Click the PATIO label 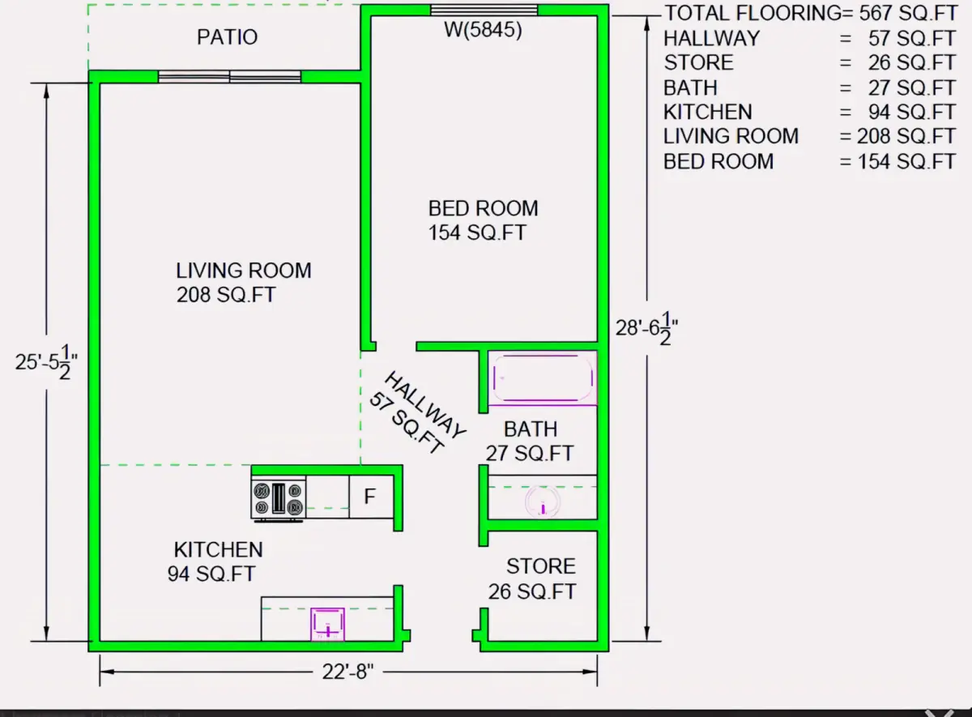coord(228,37)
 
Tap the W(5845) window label coord(483,30)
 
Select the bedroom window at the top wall coord(484,10)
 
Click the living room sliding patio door coord(229,77)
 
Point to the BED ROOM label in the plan coord(483,208)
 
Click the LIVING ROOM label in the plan coord(244,271)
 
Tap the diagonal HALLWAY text coord(425,404)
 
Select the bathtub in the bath coord(543,378)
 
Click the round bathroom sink coord(543,501)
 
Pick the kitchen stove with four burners coord(279,498)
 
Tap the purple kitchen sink coord(327,624)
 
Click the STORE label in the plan coord(541,566)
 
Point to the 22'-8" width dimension coord(348,672)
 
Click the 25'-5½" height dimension coord(46,362)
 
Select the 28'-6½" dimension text coord(646,328)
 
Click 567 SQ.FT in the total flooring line coord(908,13)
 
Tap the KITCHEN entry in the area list coord(708,113)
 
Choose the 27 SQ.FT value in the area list coord(911,88)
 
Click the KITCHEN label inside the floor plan coord(218,550)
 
